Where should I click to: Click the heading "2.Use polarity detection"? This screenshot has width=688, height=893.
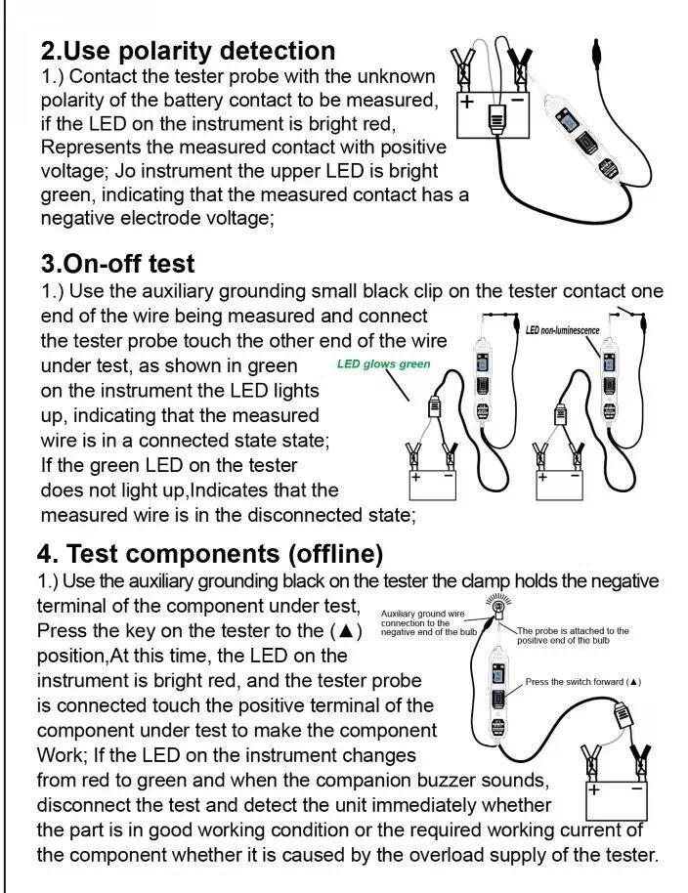tap(188, 51)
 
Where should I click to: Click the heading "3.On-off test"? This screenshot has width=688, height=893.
tap(117, 264)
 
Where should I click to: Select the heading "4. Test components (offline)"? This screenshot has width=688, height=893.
tap(210, 554)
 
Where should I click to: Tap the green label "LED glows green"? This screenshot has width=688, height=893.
tap(383, 364)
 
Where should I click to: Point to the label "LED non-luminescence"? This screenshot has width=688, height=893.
tap(562, 330)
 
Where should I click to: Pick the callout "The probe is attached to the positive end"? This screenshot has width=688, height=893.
tap(573, 635)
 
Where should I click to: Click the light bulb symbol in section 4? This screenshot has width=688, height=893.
tap(496, 607)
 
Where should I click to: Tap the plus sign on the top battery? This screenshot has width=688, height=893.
tap(467, 102)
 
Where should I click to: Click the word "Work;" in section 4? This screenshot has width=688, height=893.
tap(65, 755)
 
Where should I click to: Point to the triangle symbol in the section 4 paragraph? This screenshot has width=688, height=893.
tap(347, 631)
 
